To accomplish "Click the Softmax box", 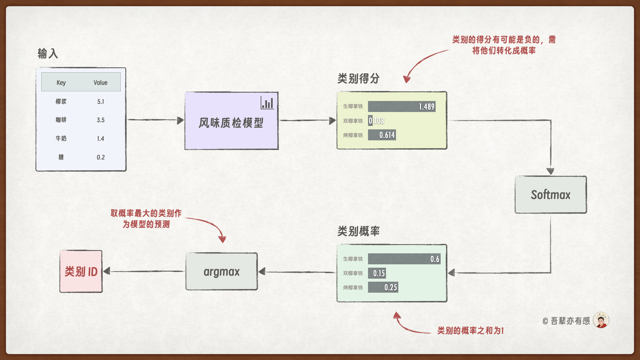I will pos(551,195).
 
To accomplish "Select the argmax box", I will pos(222,272).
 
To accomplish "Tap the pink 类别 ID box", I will pos(81,272).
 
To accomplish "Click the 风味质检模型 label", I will pos(231,123).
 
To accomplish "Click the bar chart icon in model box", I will pos(267,103).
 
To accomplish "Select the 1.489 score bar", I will pos(402,107).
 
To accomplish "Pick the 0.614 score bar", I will pos(382,135).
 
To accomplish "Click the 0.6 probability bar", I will pos(404,259).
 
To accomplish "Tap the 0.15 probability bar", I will pos(377,273).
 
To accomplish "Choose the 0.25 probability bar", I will pos(383,287).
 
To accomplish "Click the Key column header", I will pos(61,83).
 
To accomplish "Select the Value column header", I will pos(100,83).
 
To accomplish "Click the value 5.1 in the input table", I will pos(101,102).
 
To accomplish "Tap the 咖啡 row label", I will pos(61,120).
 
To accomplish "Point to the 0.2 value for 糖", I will pos(101,157).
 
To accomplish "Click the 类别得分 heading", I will pos(358,79).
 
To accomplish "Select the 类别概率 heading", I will pos(358,231).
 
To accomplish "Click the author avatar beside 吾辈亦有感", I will pos(601,320).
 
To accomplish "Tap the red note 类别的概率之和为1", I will pos(470,331).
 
